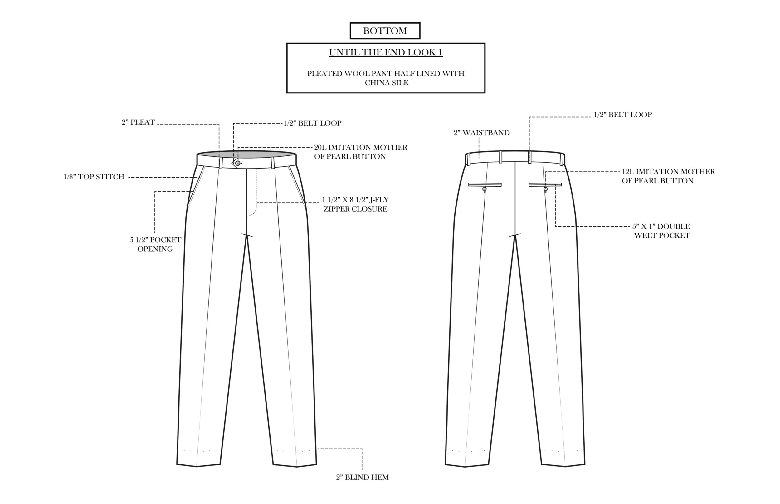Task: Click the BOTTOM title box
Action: (x=385, y=31)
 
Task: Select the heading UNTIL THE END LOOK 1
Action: (x=386, y=52)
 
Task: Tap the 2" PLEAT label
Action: (x=138, y=122)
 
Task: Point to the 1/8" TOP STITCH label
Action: (x=94, y=177)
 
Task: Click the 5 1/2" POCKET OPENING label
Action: (x=155, y=244)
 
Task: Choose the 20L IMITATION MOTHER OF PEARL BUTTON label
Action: (x=360, y=152)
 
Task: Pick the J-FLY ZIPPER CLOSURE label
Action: (x=355, y=204)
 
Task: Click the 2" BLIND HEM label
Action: (x=362, y=477)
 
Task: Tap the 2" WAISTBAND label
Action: (x=481, y=133)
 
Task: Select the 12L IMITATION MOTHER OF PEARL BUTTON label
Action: (x=668, y=176)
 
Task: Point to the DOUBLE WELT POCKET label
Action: (x=661, y=231)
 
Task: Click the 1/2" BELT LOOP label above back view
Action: (x=623, y=115)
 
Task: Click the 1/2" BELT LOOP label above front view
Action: (x=312, y=123)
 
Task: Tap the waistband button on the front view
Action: (x=238, y=163)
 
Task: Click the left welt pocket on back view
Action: (x=485, y=185)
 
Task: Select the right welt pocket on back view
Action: (x=545, y=185)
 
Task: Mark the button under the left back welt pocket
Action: (x=485, y=189)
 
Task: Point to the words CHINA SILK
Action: (x=387, y=83)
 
